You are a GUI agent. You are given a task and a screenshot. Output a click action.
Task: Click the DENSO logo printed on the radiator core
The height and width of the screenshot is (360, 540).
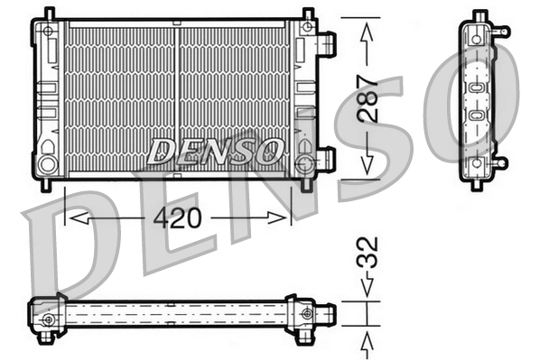[216, 151]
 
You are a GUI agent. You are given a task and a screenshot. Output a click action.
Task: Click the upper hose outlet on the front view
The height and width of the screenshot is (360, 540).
[327, 42]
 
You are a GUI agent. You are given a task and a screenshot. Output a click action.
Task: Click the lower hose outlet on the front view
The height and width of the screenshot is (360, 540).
[327, 159]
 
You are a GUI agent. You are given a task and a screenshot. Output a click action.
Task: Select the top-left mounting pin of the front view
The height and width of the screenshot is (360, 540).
[49, 14]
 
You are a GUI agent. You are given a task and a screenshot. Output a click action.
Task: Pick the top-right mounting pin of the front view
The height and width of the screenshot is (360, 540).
[308, 14]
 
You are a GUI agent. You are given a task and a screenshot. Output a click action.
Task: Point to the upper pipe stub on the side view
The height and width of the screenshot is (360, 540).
[501, 32]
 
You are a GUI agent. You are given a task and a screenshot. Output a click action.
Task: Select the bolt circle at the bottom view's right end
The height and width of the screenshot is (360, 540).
[309, 314]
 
